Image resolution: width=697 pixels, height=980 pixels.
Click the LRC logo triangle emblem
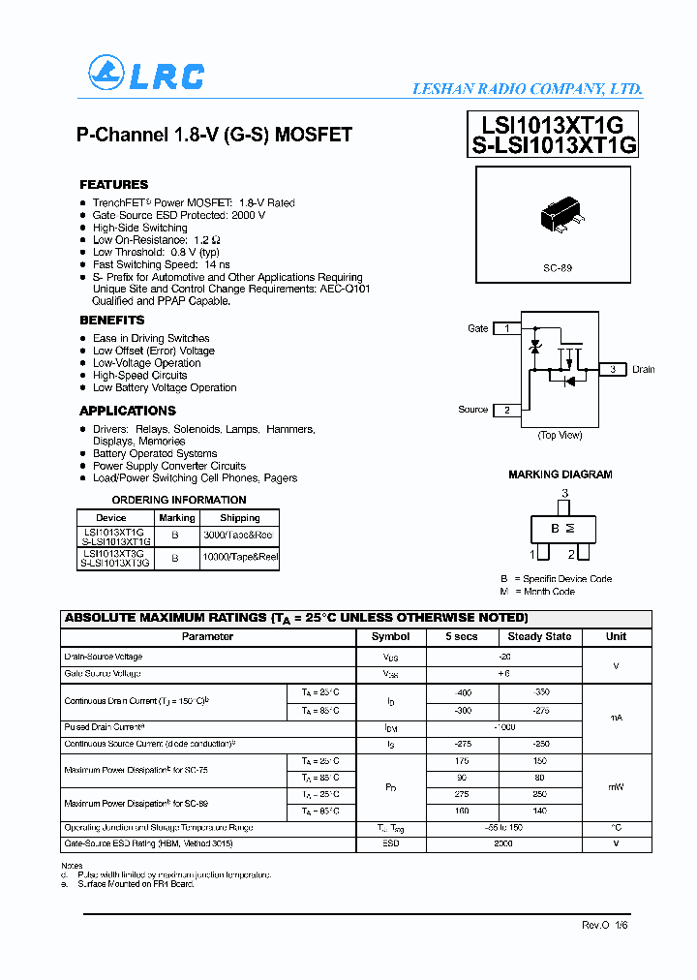tap(105, 73)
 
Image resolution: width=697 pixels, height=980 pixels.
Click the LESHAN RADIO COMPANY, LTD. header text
tap(528, 89)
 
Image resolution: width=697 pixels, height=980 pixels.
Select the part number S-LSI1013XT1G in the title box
tap(554, 145)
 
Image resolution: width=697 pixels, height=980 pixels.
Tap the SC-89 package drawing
tap(560, 215)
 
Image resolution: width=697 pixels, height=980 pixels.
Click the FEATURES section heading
tap(113, 184)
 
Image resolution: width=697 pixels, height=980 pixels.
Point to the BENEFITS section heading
tap(111, 320)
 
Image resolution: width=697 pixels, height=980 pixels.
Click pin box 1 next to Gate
tap(506, 328)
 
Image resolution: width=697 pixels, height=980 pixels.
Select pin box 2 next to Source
tap(506, 410)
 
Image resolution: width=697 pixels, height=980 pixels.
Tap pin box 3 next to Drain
tap(612, 369)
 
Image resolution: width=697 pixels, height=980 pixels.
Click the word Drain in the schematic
tap(644, 369)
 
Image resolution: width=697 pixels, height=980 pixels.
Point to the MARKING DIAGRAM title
tap(560, 475)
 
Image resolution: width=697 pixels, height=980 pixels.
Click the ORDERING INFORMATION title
tap(179, 500)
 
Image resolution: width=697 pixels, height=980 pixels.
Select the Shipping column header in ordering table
tap(239, 518)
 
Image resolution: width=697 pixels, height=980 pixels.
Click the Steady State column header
tap(539, 636)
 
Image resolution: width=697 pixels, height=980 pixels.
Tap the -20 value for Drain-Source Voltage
tap(503, 657)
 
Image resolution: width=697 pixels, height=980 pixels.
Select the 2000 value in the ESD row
tap(503, 843)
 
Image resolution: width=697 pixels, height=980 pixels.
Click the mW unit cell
tap(616, 787)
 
